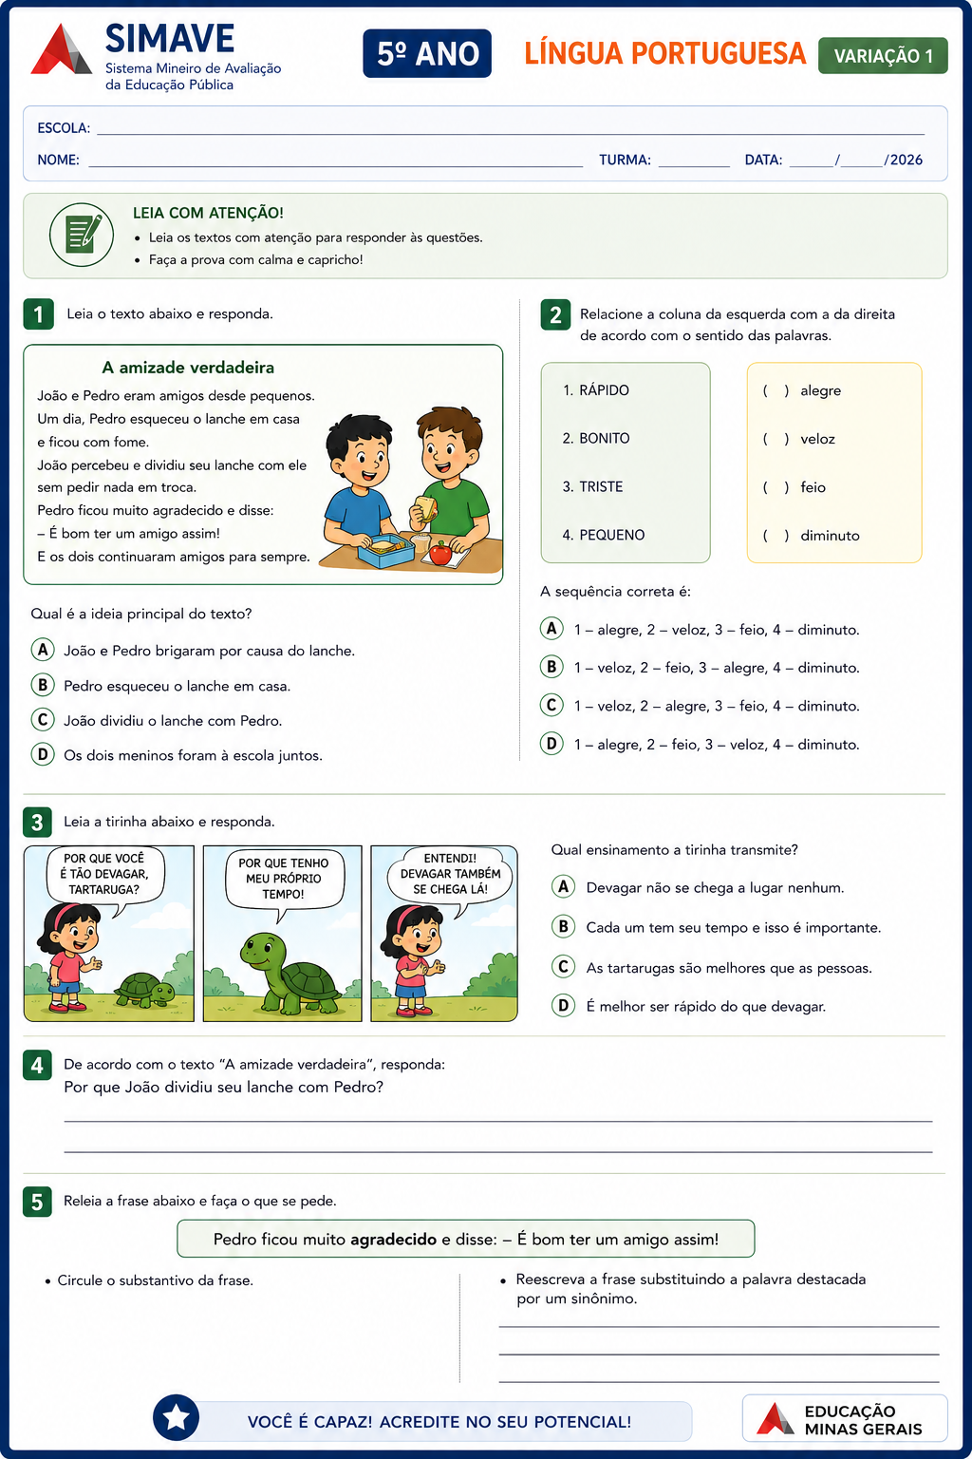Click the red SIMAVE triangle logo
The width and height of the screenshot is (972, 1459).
(61, 50)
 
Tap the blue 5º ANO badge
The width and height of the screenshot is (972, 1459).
(427, 53)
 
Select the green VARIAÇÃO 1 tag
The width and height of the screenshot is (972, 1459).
(883, 56)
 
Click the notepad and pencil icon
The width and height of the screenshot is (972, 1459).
(82, 235)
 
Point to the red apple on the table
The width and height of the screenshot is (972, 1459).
(440, 553)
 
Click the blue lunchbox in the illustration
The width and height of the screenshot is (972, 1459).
(385, 549)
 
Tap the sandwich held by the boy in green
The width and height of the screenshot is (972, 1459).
(426, 507)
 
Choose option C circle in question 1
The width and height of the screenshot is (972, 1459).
(43, 720)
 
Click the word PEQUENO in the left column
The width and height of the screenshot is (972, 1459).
(612, 535)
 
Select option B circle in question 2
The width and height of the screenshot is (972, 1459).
(551, 666)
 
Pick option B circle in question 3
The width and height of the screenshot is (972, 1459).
(563, 926)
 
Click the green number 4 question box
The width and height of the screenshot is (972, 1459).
(37, 1065)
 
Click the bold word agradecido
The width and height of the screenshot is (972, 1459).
(393, 1239)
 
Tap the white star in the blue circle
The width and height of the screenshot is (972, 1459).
(176, 1417)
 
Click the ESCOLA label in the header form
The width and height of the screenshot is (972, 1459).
(64, 127)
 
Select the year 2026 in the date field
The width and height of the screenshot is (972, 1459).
(907, 160)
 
